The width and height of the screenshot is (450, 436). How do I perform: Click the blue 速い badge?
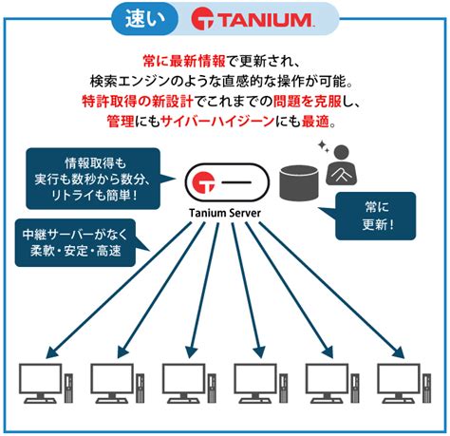[144, 19]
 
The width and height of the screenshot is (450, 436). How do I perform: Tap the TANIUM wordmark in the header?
[265, 20]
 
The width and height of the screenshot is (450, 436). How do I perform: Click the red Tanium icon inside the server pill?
[204, 182]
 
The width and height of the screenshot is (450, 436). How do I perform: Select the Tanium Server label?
[225, 213]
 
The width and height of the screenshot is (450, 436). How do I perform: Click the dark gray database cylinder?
[298, 182]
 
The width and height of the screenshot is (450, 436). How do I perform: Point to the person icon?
[342, 165]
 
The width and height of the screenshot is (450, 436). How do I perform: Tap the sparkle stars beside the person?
[324, 146]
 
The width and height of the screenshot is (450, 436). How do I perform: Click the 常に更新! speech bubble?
[375, 216]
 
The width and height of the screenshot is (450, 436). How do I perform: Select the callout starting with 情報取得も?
[93, 179]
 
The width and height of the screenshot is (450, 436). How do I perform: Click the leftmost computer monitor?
[41, 383]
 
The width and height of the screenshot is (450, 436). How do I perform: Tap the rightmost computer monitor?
[399, 383]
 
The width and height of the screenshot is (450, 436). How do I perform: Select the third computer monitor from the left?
[183, 383]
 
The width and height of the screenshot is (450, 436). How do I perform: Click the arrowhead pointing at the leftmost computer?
[52, 352]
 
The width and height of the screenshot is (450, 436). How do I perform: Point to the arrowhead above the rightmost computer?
[399, 352]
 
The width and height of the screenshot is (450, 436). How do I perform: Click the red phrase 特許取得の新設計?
[138, 102]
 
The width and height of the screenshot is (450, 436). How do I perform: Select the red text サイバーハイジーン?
[217, 122]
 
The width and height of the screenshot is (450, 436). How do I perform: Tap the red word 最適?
[315, 122]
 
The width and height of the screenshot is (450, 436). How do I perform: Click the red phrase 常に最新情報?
[184, 61]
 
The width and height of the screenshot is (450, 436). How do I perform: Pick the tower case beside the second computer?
[141, 389]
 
